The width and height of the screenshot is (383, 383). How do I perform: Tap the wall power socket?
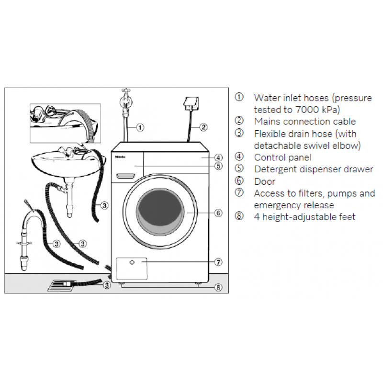pyautogui.click(x=191, y=103)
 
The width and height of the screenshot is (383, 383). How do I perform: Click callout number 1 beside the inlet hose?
pyautogui.click(x=140, y=127)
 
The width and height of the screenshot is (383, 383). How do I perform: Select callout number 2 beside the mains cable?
pyautogui.click(x=203, y=127)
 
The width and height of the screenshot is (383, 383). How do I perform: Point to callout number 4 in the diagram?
pyautogui.click(x=218, y=158)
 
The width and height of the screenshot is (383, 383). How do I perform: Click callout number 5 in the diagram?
pyautogui.click(x=218, y=166)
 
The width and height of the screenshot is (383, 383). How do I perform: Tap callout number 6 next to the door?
pyautogui.click(x=218, y=213)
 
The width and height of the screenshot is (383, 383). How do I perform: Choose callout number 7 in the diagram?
pyautogui.click(x=218, y=262)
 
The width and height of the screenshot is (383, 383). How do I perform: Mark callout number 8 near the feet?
pyautogui.click(x=218, y=287)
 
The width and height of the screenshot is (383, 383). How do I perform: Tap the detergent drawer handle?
pyautogui.click(x=125, y=176)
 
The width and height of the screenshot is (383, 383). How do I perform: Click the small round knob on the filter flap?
pyautogui.click(x=132, y=262)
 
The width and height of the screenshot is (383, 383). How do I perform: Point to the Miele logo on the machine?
pyautogui.click(x=120, y=157)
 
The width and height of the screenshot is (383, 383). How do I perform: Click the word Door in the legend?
pyautogui.click(x=265, y=181)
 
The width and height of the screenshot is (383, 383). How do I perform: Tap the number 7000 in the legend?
pyautogui.click(x=306, y=110)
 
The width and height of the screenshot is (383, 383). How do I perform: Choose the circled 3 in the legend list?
pyautogui.click(x=239, y=133)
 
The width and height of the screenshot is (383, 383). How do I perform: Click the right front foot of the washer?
pyautogui.click(x=198, y=284)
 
